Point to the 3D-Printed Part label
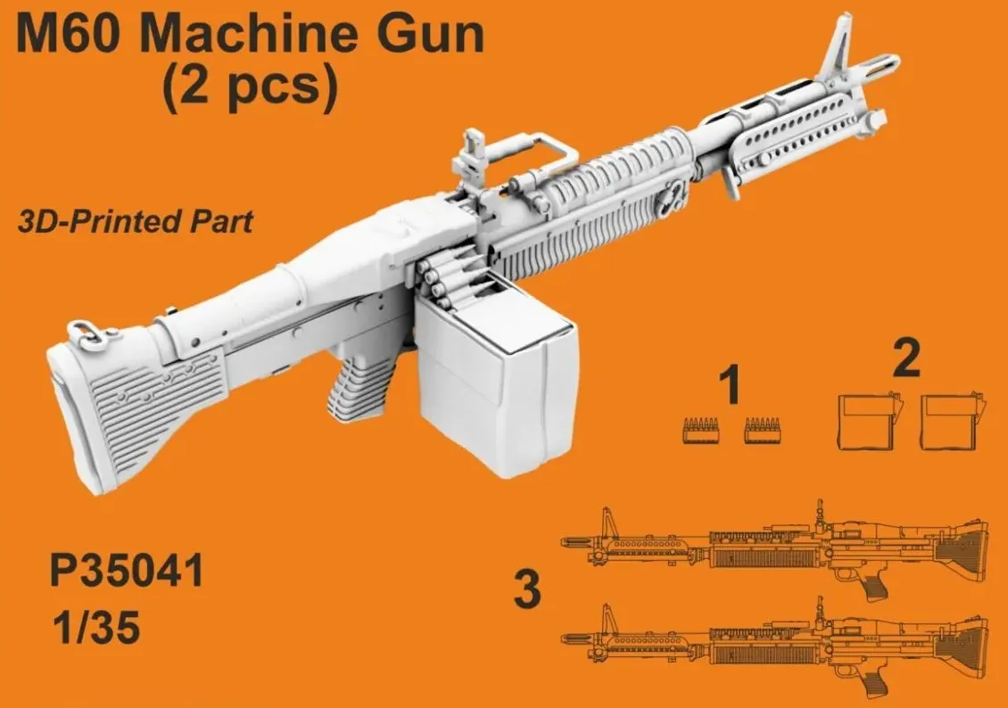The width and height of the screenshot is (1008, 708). point(135,221)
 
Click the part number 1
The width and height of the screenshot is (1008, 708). point(730,389)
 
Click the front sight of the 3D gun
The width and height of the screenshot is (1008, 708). point(844,45)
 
